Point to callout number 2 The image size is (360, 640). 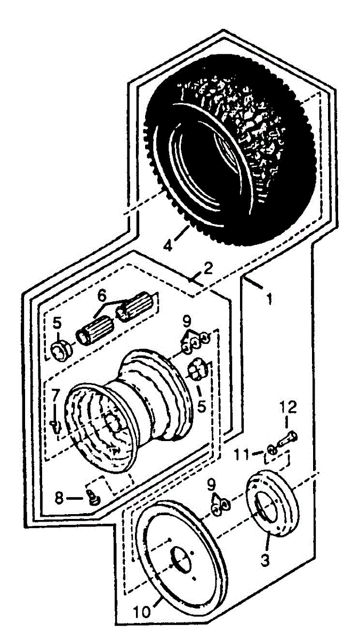point(207,267)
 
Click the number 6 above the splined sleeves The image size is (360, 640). point(101,294)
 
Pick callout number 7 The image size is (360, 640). point(55,395)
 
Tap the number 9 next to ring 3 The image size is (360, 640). point(213,485)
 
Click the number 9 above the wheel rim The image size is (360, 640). point(186,323)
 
